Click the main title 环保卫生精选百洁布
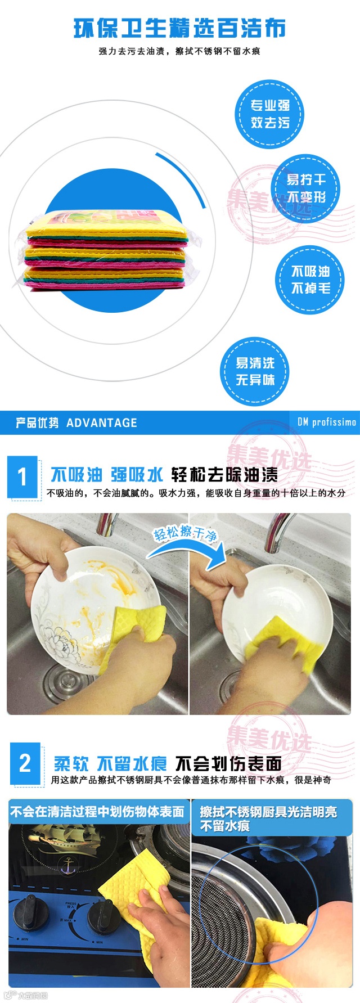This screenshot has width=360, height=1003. click(180, 28)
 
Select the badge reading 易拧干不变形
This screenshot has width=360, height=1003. click(306, 188)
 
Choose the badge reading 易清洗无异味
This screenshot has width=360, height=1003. click(255, 372)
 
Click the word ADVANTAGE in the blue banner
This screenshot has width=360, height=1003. click(102, 422)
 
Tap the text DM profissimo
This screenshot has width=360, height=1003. click(326, 422)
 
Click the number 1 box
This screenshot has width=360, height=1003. click(22, 477)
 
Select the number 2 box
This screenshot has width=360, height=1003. click(25, 763)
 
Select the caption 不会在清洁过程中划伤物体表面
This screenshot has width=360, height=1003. click(97, 812)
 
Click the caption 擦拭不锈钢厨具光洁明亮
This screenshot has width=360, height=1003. click(269, 812)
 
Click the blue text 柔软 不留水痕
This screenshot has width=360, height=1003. click(110, 763)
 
